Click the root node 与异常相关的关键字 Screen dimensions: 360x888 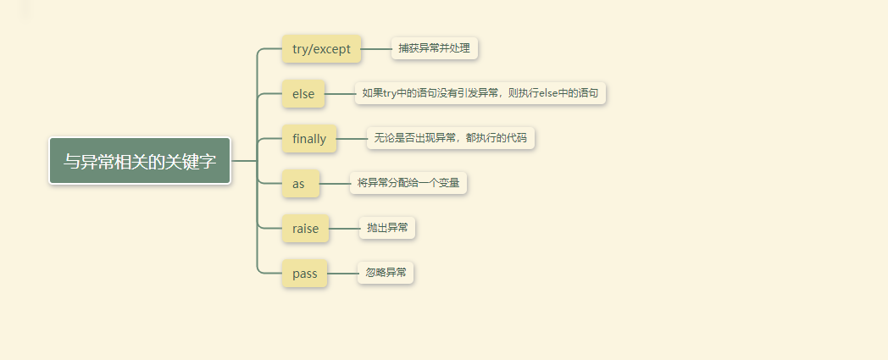(140, 161)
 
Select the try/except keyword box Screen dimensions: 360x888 (321, 49)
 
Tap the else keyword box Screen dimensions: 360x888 (303, 94)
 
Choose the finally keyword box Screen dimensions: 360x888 (309, 139)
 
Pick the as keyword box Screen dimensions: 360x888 (300, 184)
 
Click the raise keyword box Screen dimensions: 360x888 (305, 229)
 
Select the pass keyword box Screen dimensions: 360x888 (304, 274)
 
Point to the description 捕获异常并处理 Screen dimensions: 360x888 (434, 48)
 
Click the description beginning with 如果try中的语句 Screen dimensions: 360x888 (480, 93)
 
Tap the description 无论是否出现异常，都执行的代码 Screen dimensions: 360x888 (450, 138)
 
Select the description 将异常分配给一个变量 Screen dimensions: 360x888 (408, 183)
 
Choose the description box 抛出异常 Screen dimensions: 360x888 (386, 228)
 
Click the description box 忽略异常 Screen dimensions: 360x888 (386, 273)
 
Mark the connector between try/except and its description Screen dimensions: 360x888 (376, 49)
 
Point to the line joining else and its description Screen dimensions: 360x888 (340, 94)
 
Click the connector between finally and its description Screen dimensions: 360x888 (352, 139)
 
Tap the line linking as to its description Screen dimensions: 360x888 (335, 184)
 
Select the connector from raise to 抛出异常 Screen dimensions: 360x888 (344, 229)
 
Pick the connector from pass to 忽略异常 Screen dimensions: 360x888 (342, 274)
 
